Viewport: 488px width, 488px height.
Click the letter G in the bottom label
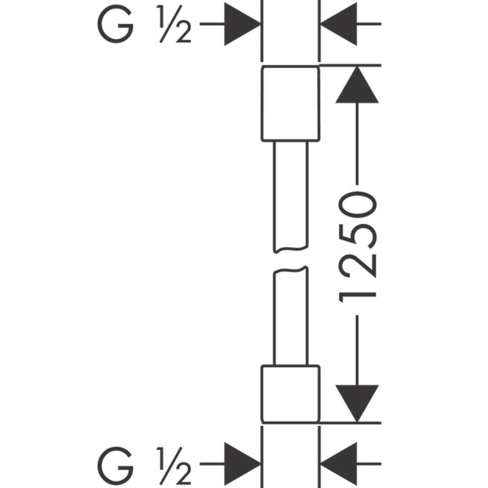(116, 463)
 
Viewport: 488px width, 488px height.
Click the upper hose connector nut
(290, 103)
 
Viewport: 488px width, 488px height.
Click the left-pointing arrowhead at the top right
(340, 24)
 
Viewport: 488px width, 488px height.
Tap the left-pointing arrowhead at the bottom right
(340, 463)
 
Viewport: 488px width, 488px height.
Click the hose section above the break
(291, 195)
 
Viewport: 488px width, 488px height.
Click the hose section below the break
(291, 317)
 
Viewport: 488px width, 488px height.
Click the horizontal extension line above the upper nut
(350, 65)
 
